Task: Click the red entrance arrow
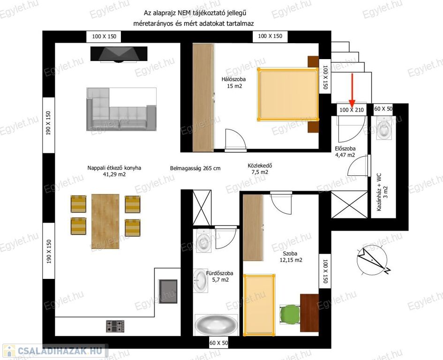pos(352,89)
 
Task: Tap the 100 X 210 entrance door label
pos(352,110)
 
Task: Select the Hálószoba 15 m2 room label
pos(233,82)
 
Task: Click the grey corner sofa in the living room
pos(121,109)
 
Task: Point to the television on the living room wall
pos(119,54)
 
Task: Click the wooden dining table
pos(105,221)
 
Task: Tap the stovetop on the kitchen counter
pos(115,326)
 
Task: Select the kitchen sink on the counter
pos(168,292)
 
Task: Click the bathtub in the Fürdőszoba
pos(217,325)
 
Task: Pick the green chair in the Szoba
pos(290,315)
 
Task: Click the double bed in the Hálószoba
pos(288,94)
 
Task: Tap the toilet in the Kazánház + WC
pos(384,127)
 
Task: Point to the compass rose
pos(372,260)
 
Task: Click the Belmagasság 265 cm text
pos(195,168)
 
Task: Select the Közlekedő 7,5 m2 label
pos(260,169)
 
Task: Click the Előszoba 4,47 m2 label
pos(345,152)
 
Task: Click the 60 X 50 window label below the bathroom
pos(218,343)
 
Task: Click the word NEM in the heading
pos(184,13)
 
